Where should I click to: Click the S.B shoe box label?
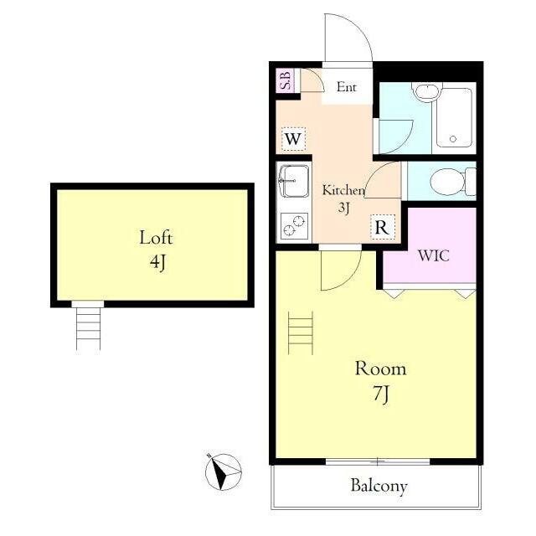click(x=286, y=80)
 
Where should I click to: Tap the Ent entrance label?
click(x=346, y=87)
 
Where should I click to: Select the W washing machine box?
click(x=293, y=139)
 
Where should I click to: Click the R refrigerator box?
click(x=383, y=227)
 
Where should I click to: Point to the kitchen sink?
click(x=294, y=181)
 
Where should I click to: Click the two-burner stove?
click(x=294, y=225)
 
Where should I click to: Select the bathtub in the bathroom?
click(x=454, y=117)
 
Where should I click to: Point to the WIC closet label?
click(x=434, y=255)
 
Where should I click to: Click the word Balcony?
click(x=379, y=486)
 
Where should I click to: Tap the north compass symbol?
click(x=223, y=472)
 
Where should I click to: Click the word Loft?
click(x=156, y=237)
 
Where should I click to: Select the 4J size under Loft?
click(x=157, y=262)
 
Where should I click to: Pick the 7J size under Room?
click(x=380, y=394)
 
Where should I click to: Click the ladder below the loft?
click(x=88, y=328)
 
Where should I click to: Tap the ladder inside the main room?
click(x=301, y=332)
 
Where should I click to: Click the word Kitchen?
click(x=343, y=190)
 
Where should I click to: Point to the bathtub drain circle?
click(x=453, y=139)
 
